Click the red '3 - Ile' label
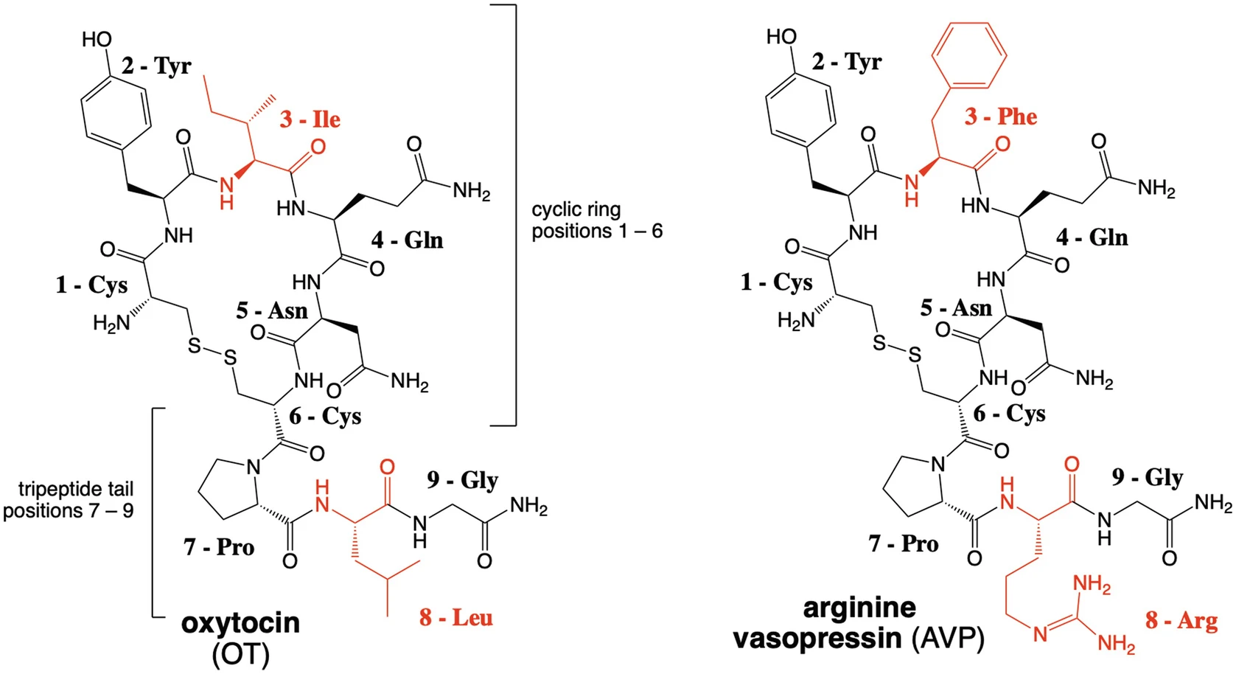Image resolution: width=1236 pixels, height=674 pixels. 310,119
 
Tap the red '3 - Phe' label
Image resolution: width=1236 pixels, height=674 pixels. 1000,117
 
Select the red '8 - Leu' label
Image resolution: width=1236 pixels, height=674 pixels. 455,617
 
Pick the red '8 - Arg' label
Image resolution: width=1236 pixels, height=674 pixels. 1181,620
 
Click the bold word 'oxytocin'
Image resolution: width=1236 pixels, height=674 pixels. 240,623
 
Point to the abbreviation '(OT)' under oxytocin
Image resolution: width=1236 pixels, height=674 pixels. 240,654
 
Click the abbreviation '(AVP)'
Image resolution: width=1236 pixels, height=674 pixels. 948,639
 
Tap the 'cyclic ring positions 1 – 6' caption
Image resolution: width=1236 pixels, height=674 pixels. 596,220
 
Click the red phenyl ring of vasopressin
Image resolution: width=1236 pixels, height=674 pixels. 968,55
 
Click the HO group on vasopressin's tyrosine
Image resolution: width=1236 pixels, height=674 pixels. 781,36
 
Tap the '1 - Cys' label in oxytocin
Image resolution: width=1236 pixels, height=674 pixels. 91,285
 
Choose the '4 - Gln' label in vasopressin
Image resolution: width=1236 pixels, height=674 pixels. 1092,237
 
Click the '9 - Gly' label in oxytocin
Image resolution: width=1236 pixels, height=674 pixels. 462,480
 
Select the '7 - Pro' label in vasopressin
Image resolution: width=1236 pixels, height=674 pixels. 903,544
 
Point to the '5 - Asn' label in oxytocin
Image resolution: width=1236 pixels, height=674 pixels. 271,310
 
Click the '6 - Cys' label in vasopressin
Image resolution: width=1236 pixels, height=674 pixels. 1009,414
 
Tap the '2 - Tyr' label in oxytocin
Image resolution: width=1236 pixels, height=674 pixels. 156,66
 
